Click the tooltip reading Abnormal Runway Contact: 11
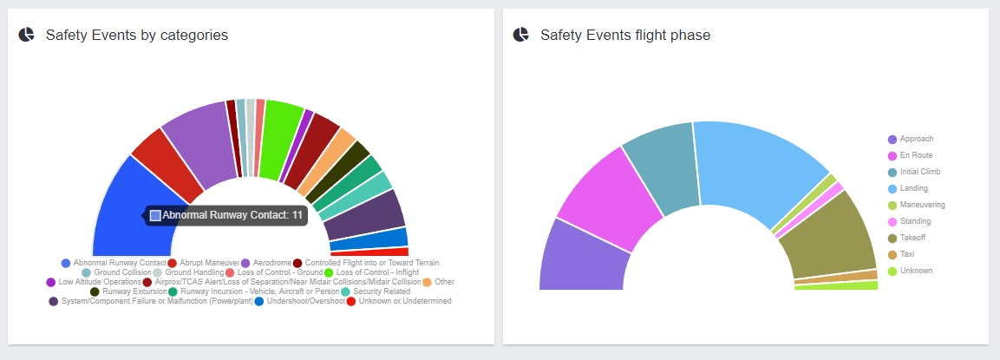click(x=226, y=215)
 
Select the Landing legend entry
click(x=913, y=188)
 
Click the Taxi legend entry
click(x=906, y=254)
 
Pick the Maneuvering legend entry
click(x=922, y=205)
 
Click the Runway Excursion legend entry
click(x=127, y=291)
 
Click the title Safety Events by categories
click(x=136, y=36)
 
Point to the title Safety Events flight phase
click(x=624, y=36)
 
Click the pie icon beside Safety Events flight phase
click(x=520, y=35)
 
